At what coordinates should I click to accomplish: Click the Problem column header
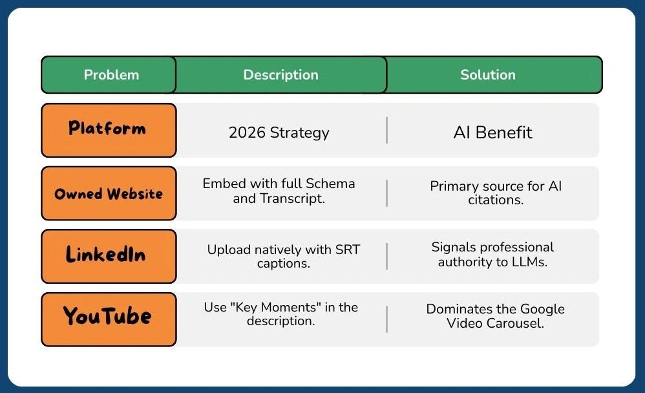point(111,75)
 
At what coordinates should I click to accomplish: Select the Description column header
point(280,75)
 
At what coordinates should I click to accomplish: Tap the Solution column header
point(488,75)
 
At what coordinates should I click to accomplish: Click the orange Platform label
point(108,129)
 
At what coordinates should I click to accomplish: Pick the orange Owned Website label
point(108,193)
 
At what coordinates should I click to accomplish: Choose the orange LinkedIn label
point(108,255)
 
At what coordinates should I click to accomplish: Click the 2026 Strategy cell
point(279,133)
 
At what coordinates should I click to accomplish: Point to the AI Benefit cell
point(492,133)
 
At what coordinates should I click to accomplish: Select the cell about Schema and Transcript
point(279,191)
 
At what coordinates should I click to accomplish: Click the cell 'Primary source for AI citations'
point(496,193)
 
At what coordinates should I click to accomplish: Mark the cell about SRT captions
point(283,257)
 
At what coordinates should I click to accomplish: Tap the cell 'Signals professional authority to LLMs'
point(492,255)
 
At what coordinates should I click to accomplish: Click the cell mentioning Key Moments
point(280,314)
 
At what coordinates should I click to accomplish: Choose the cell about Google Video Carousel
point(495,316)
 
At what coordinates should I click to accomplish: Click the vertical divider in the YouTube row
point(386,319)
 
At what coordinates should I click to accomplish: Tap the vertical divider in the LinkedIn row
point(386,257)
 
